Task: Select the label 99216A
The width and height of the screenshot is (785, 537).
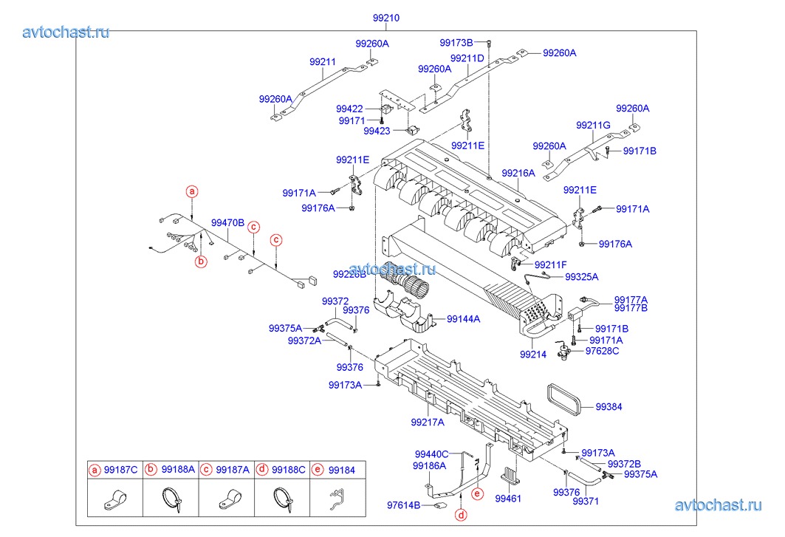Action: (x=518, y=173)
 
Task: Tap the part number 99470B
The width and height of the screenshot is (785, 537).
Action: (x=227, y=222)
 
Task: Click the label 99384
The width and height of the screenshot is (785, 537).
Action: (x=609, y=406)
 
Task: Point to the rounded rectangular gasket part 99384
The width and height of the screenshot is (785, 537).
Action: (x=566, y=402)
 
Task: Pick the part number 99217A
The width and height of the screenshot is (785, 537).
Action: (x=428, y=423)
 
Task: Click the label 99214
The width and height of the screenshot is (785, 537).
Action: (x=532, y=355)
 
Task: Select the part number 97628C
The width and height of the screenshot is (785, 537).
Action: (x=602, y=351)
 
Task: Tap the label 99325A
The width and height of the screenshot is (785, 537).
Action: (x=582, y=277)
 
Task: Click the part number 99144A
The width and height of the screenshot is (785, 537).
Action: (x=463, y=319)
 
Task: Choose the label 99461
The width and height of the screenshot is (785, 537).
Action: (x=507, y=499)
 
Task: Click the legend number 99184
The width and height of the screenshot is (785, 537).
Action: (x=342, y=469)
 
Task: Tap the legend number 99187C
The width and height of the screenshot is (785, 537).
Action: (x=120, y=469)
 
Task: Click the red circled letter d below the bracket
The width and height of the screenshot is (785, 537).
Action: (x=461, y=515)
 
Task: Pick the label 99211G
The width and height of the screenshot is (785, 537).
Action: (x=593, y=125)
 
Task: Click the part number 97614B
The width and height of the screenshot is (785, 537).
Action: (x=403, y=505)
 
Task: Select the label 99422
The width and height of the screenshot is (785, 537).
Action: (x=349, y=109)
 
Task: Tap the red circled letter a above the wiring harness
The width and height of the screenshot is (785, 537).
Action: (x=192, y=191)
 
